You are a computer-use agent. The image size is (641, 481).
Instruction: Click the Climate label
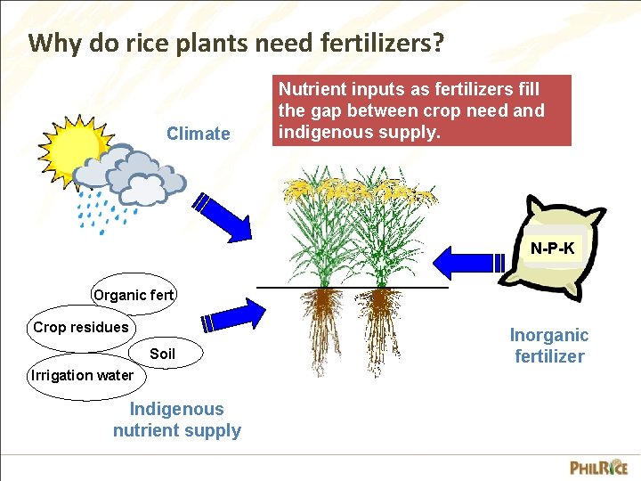(198, 134)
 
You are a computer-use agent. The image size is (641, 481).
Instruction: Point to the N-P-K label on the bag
(552, 249)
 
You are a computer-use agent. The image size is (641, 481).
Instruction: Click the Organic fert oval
(134, 295)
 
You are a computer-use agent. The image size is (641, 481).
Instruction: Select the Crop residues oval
(80, 327)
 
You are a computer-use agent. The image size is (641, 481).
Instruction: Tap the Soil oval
(162, 354)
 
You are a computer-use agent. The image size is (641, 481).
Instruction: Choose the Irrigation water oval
(82, 375)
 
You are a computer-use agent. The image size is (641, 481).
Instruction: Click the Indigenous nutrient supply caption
(177, 420)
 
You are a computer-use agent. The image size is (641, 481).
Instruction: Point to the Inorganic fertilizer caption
(549, 346)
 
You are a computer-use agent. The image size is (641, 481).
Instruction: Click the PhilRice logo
(598, 467)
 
